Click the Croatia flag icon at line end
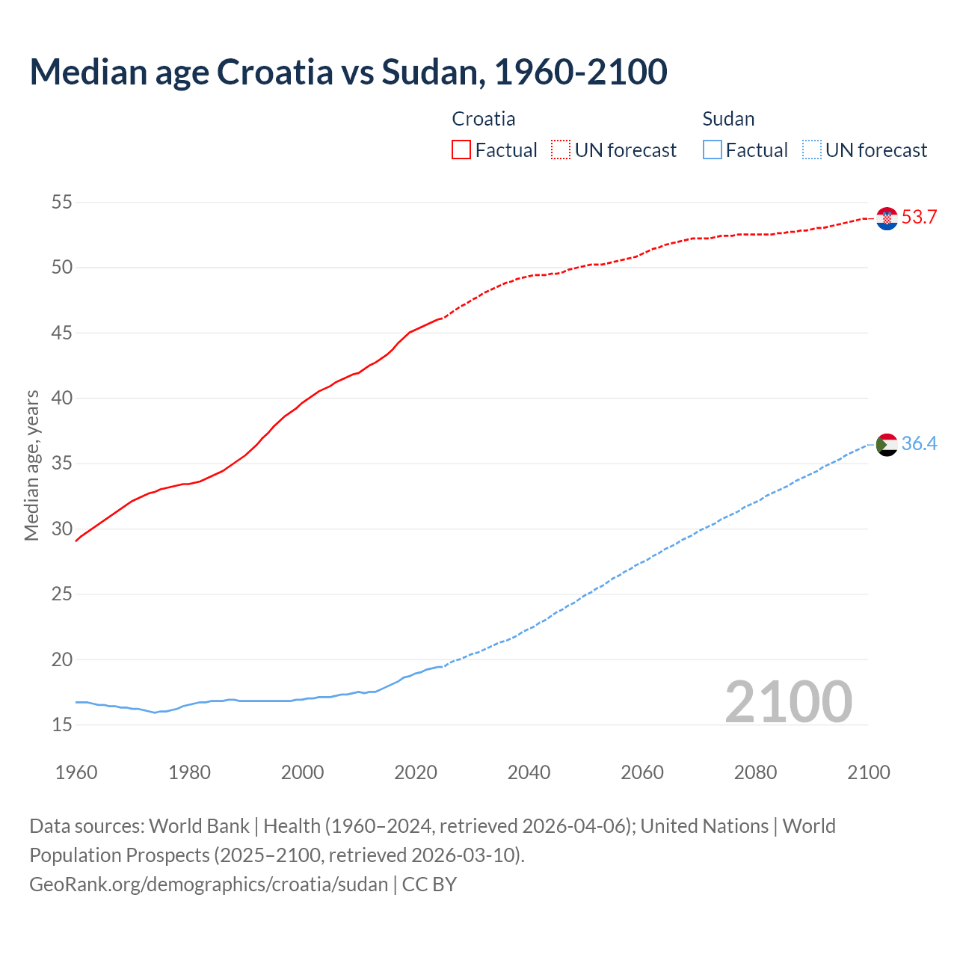coord(887,218)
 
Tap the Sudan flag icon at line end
coord(887,444)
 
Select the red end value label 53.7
coord(919,218)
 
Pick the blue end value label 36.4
coord(919,443)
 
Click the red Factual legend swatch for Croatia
coord(461,150)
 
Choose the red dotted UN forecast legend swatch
coord(561,150)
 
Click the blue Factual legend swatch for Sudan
coord(713,150)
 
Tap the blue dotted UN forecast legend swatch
coord(811,150)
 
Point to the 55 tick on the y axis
coord(62,202)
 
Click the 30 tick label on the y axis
coord(62,529)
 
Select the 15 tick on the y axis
coord(62,724)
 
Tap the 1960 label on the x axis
coord(76,772)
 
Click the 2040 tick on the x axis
coord(529,772)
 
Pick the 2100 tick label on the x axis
coord(868,772)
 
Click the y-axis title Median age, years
coord(31,464)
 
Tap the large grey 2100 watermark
coord(789,701)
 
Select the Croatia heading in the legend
coord(484,119)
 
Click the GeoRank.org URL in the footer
coord(209,884)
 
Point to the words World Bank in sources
coord(199,826)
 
